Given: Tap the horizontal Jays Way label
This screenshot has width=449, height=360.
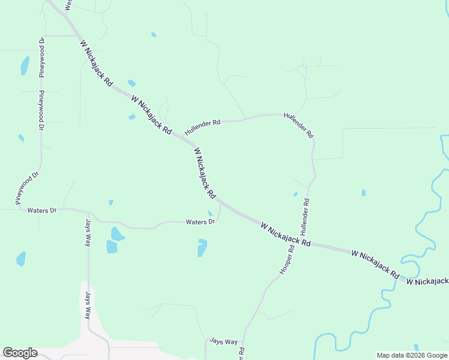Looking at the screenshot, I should (x=224, y=341).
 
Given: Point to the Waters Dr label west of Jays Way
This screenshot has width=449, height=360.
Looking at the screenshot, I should (x=41, y=211).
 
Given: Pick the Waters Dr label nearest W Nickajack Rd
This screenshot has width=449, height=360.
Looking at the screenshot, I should (x=200, y=222).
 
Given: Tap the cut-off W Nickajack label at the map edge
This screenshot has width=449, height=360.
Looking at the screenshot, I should (x=427, y=281).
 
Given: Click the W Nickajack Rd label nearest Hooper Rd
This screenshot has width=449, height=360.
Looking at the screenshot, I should (x=286, y=235).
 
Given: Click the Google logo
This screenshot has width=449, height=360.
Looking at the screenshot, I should (x=20, y=353).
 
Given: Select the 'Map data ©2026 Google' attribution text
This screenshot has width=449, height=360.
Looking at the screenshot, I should (x=412, y=355).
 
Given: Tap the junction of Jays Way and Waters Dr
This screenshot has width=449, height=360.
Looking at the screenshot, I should (x=89, y=214).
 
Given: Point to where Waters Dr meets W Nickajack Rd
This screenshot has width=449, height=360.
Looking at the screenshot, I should (x=220, y=203).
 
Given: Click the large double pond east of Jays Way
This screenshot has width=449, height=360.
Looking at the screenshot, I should (x=113, y=239).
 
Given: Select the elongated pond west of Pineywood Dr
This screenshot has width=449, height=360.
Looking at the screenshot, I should (x=25, y=65).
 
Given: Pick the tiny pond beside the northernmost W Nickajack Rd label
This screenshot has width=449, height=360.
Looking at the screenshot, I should (x=131, y=83).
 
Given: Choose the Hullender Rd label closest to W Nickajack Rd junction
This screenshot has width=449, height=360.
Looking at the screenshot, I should (x=202, y=122).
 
